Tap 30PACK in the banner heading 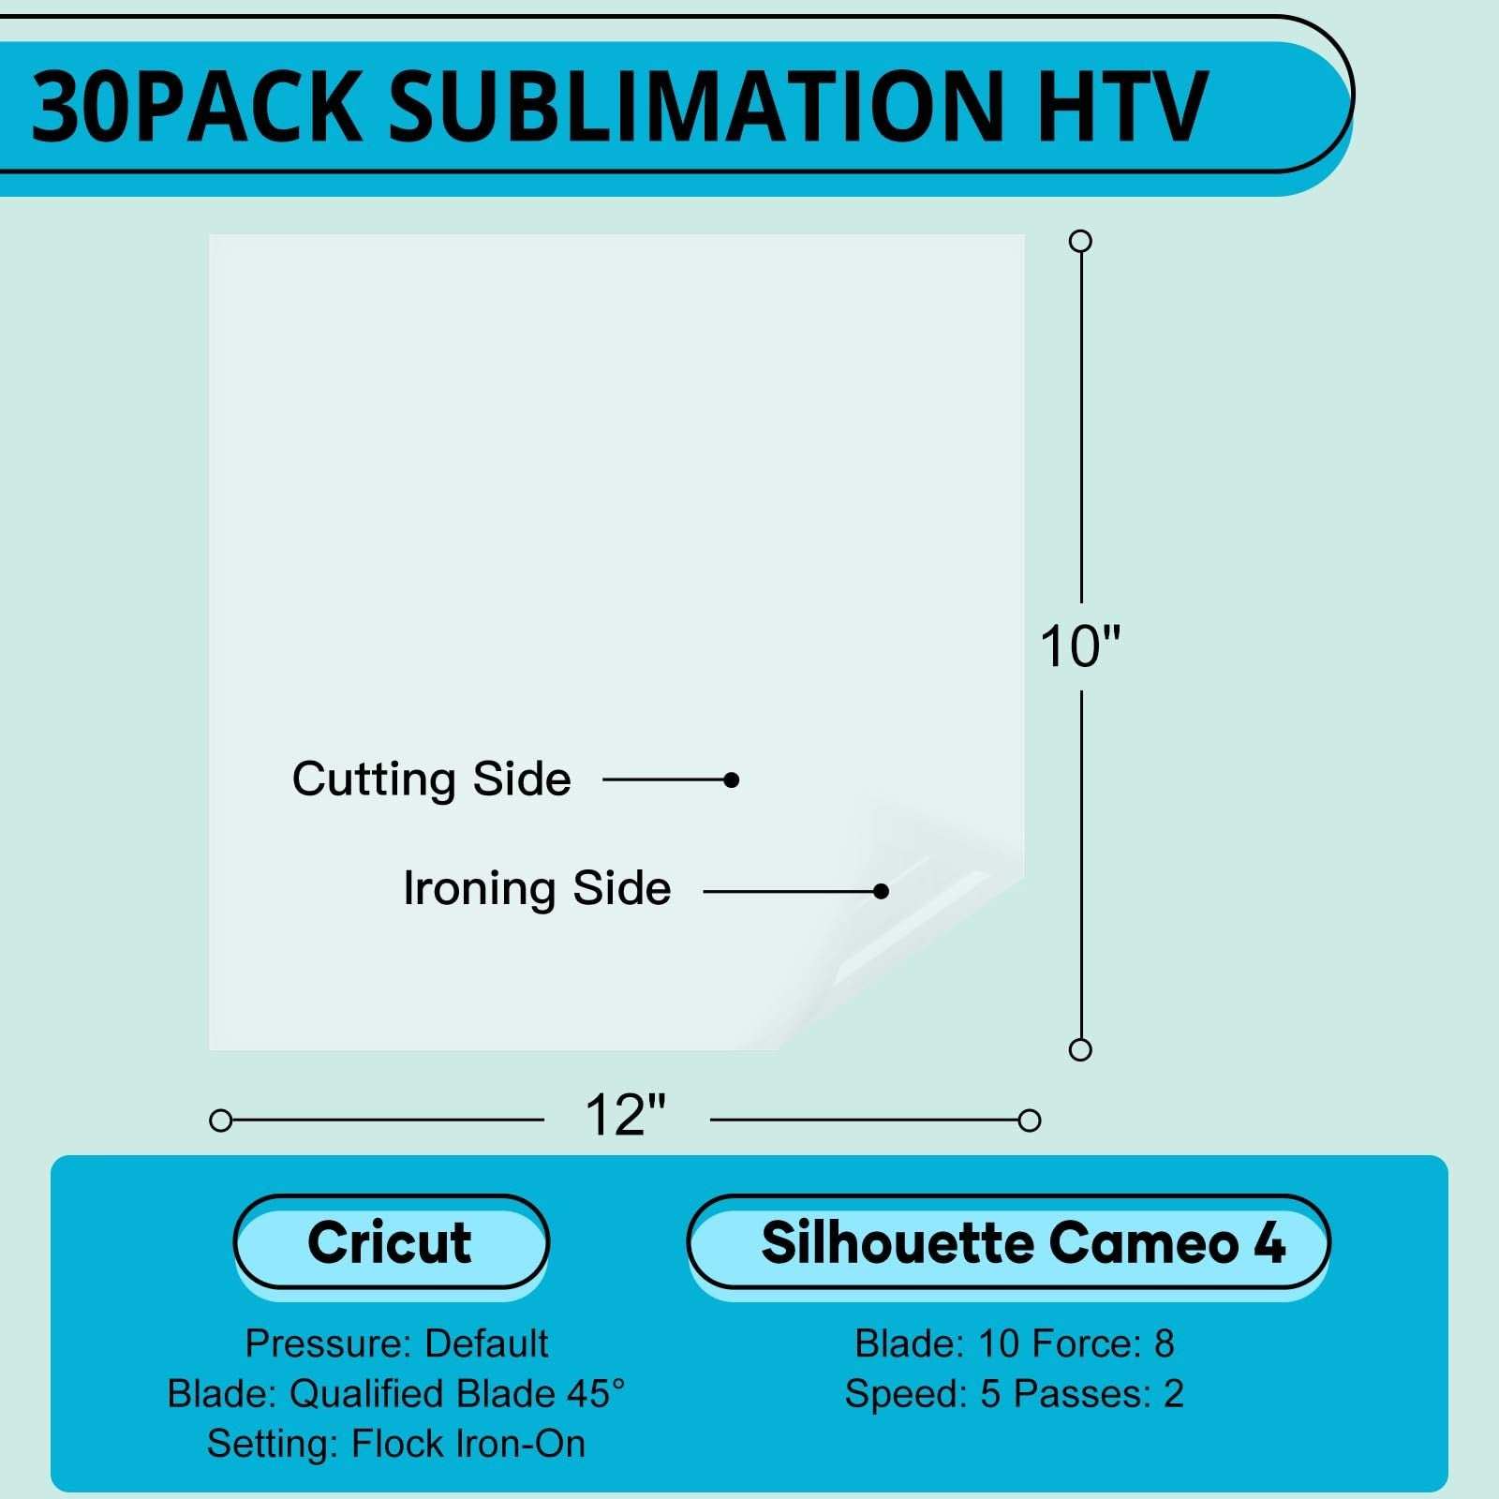pyautogui.click(x=197, y=107)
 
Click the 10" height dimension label pyautogui.click(x=1080, y=646)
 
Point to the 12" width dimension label pyautogui.click(x=625, y=1115)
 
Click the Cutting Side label pyautogui.click(x=431, y=779)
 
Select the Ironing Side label pyautogui.click(x=537, y=889)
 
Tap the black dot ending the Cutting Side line pyautogui.click(x=732, y=779)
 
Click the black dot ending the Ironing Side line pyautogui.click(x=881, y=891)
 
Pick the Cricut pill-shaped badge pyautogui.click(x=391, y=1243)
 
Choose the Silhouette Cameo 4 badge pyautogui.click(x=1009, y=1243)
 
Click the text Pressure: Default pyautogui.click(x=396, y=1343)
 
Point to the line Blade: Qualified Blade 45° pyautogui.click(x=396, y=1393)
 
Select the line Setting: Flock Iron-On pyautogui.click(x=396, y=1444)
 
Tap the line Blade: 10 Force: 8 pyautogui.click(x=1015, y=1343)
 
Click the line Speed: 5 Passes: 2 pyautogui.click(x=1015, y=1393)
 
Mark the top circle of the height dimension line pyautogui.click(x=1080, y=241)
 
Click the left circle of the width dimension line pyautogui.click(x=221, y=1121)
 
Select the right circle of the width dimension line pyautogui.click(x=1030, y=1121)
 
